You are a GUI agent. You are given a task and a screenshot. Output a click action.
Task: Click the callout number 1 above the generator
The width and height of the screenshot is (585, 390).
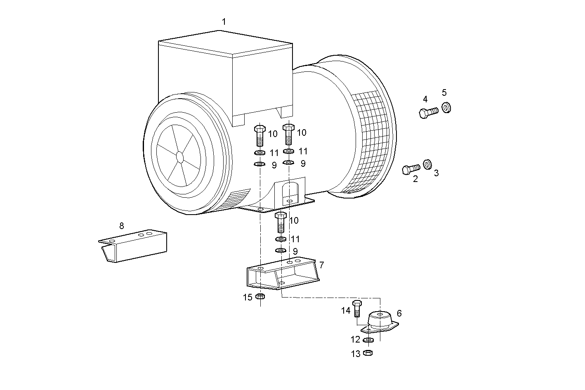click(x=224, y=22)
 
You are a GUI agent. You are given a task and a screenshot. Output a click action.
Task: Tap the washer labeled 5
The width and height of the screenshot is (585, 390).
click(x=446, y=107)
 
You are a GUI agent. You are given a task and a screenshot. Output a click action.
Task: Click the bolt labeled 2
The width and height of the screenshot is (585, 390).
click(x=410, y=168)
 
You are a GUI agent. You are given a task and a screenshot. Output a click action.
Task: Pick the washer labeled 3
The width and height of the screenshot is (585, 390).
click(x=427, y=164)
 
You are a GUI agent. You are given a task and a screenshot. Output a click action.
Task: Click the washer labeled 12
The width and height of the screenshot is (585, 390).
click(x=368, y=340)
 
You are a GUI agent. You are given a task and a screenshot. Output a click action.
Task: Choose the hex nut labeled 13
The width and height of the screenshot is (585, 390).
click(x=368, y=353)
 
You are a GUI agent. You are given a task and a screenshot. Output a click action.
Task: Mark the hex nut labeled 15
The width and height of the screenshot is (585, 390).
click(x=260, y=296)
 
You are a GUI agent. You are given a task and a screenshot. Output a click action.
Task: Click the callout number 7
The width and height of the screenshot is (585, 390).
click(x=321, y=265)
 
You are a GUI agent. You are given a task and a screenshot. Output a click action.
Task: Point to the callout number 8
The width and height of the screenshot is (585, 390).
click(x=121, y=226)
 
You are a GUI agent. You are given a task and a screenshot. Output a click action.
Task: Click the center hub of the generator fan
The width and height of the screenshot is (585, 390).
click(x=179, y=156)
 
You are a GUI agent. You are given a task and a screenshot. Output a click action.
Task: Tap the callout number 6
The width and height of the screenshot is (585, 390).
click(x=399, y=313)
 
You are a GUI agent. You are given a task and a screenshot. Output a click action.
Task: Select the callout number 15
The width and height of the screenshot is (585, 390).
click(x=247, y=298)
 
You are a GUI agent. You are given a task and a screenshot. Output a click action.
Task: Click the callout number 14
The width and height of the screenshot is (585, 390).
click(x=346, y=310)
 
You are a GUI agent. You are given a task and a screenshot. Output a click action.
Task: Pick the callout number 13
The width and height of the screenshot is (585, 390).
click(x=356, y=354)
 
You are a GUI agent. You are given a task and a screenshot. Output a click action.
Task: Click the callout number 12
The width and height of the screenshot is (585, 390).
click(x=356, y=340)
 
